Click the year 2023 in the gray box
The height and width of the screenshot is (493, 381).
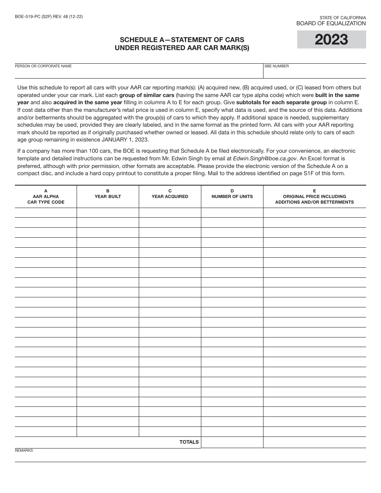click(x=331, y=40)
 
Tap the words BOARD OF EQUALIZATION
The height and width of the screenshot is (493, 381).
click(x=331, y=24)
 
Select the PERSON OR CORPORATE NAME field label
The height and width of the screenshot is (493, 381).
click(x=43, y=66)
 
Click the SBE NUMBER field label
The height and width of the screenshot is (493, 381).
click(x=276, y=66)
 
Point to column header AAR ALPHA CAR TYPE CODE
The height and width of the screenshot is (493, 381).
click(x=46, y=196)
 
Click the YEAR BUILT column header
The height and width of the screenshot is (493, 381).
click(x=108, y=196)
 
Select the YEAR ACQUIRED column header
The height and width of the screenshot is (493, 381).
click(x=170, y=196)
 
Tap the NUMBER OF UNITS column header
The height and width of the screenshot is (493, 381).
click(x=232, y=196)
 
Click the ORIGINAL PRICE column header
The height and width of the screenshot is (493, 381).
click(x=314, y=196)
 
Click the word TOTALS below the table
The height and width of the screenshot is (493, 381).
click(x=189, y=442)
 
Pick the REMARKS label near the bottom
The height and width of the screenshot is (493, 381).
click(x=24, y=451)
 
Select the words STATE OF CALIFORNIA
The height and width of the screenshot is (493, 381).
click(x=342, y=18)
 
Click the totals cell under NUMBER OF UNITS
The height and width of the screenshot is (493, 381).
click(x=232, y=442)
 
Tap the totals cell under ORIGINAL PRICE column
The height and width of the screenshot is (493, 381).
click(x=314, y=442)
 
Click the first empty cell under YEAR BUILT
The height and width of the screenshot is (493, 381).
click(x=108, y=212)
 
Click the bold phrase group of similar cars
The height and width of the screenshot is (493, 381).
click(x=147, y=95)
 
